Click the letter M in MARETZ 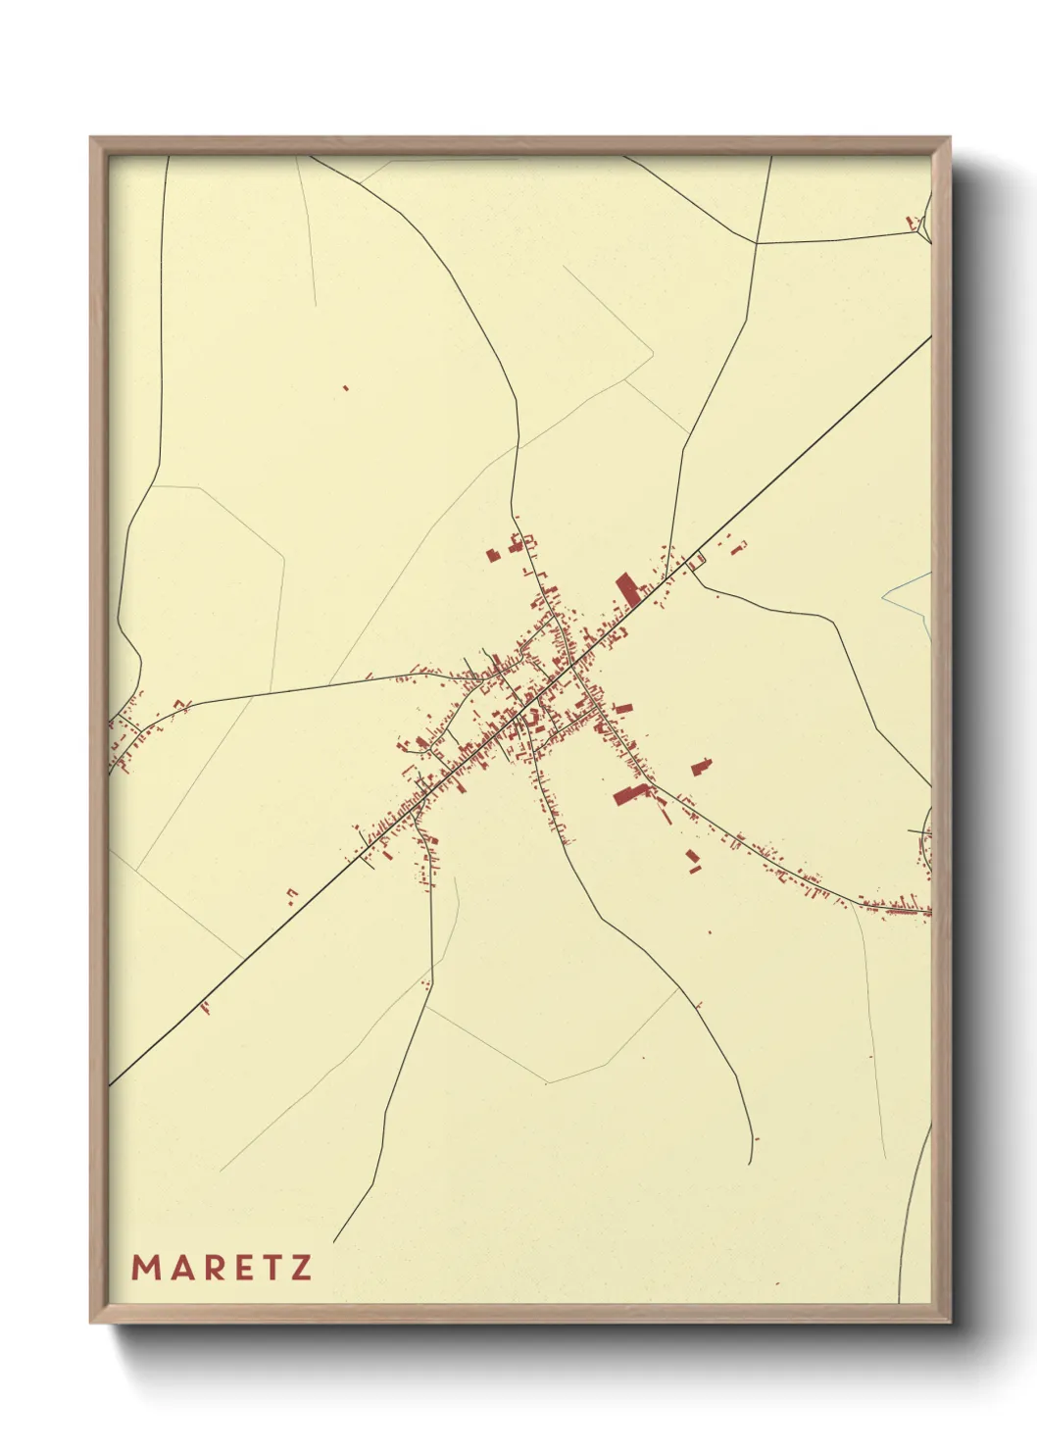point(145,1268)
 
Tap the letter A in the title point(180,1268)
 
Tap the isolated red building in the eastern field point(701,766)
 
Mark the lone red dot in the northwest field point(346,388)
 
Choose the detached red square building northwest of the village point(493,555)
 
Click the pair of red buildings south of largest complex point(694,861)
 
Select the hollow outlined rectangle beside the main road point(698,561)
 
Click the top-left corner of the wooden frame point(91,138)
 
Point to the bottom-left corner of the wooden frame point(91,1322)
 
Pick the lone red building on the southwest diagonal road point(206,1006)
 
